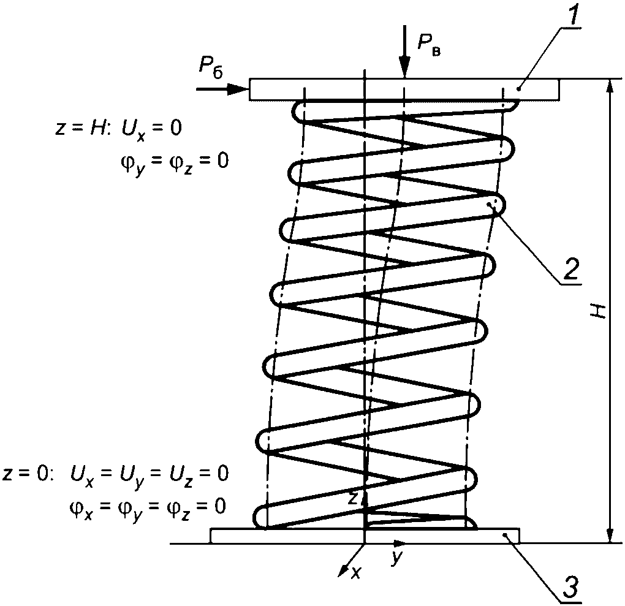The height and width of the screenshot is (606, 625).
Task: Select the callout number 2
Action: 570,268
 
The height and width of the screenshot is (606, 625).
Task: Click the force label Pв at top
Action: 428,43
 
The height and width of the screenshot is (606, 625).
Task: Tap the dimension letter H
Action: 600,311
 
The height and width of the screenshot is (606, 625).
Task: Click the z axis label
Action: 352,499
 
